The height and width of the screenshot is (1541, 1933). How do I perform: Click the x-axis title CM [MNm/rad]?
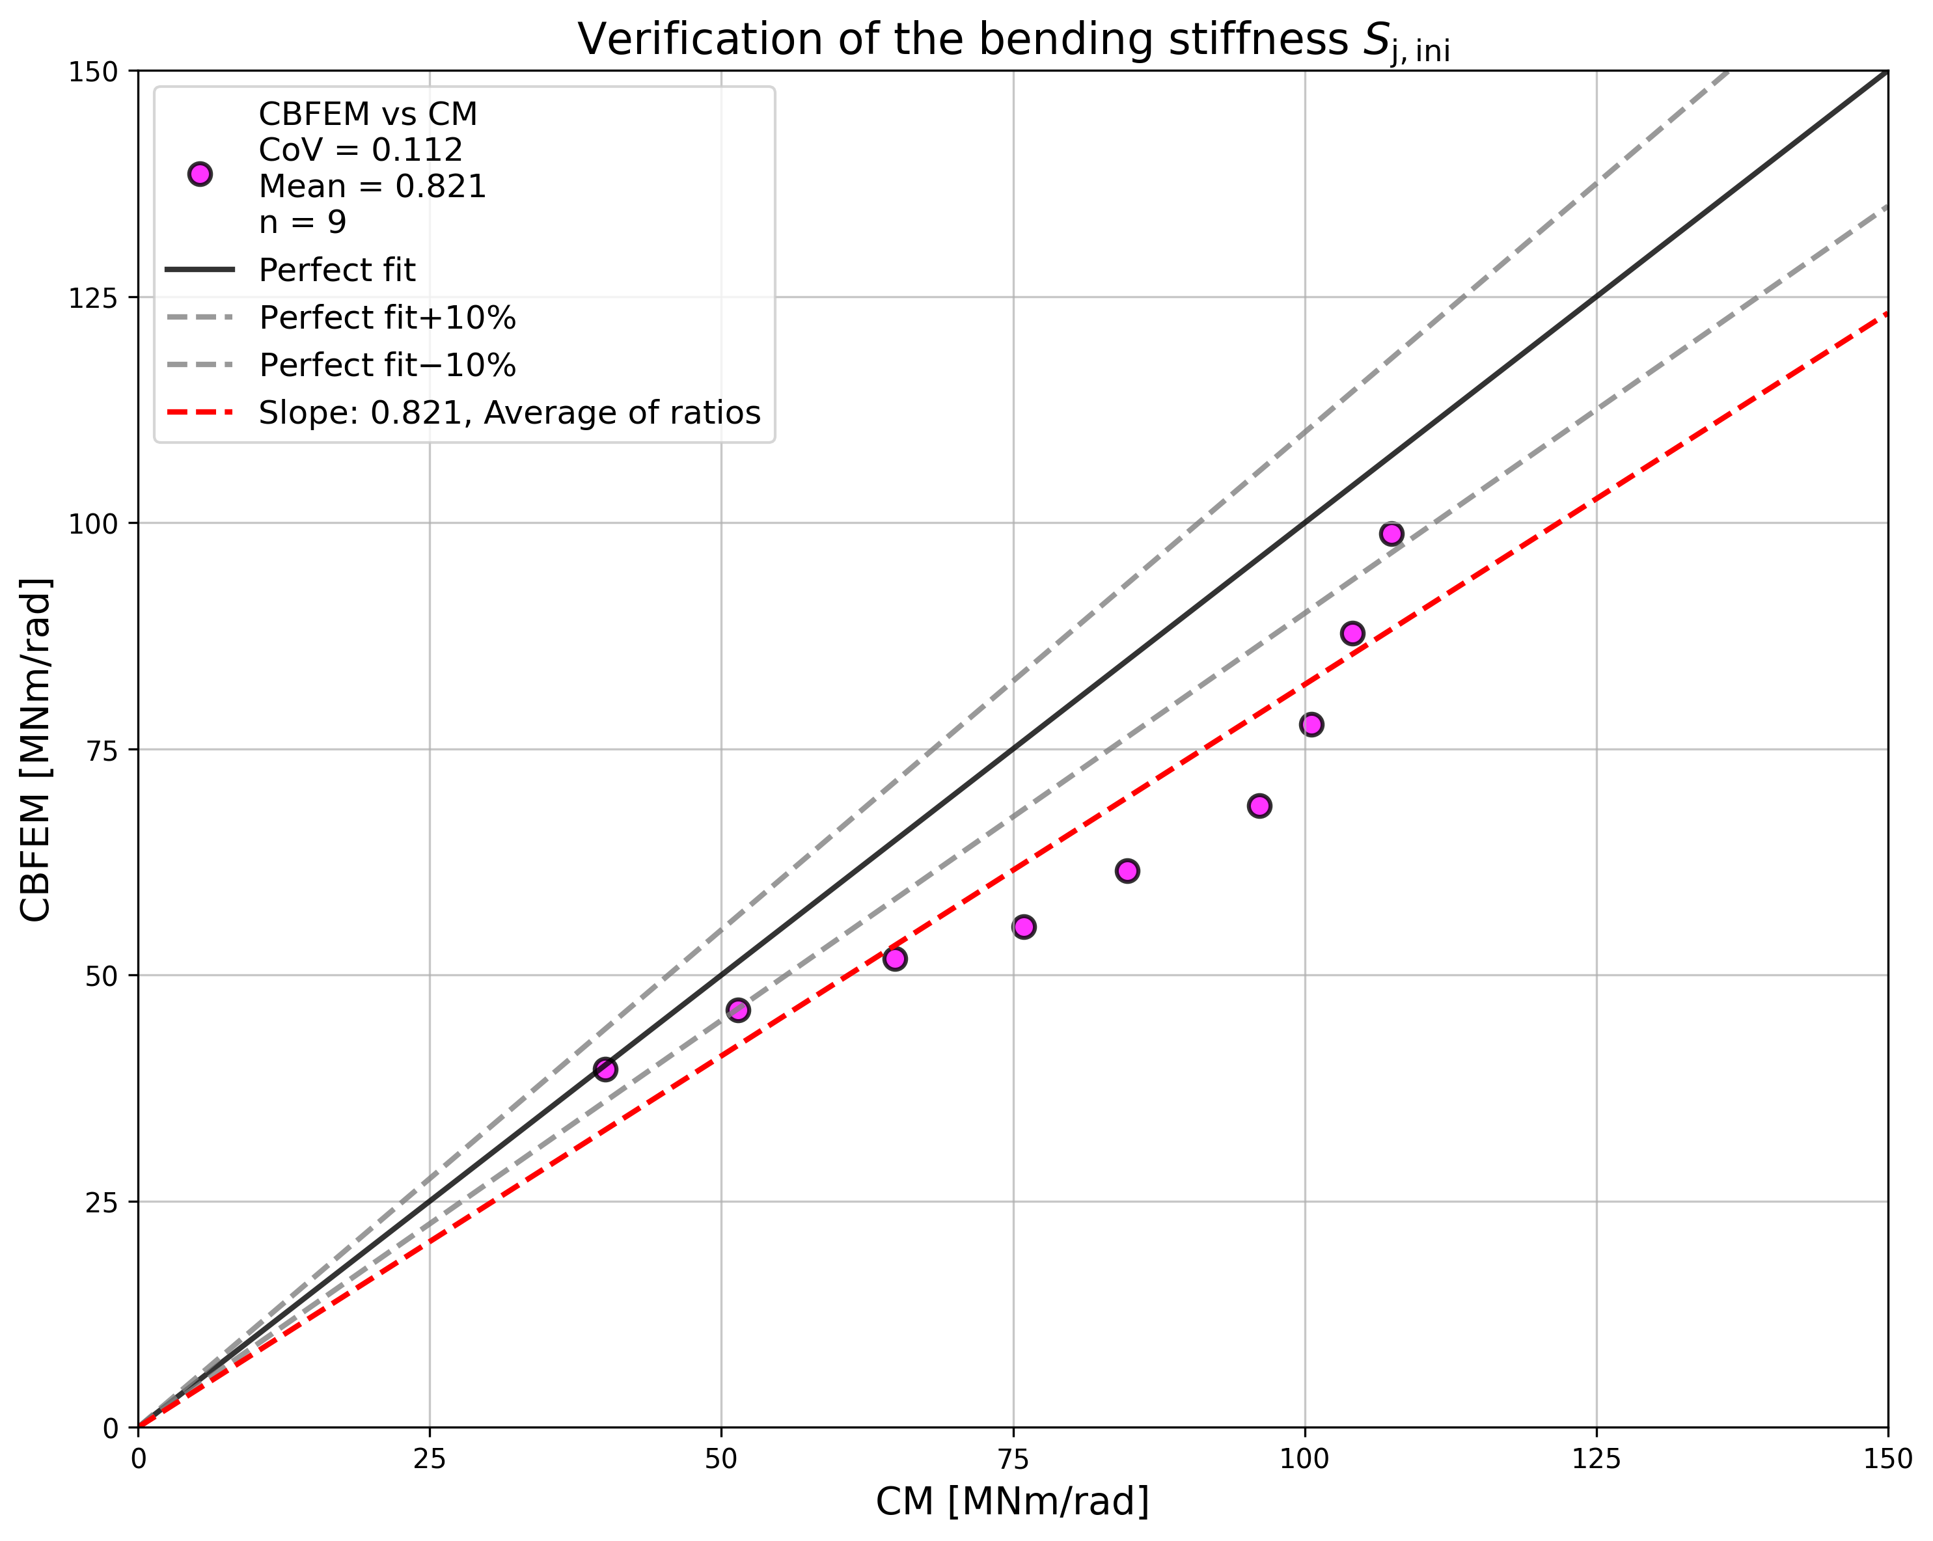pos(1012,1501)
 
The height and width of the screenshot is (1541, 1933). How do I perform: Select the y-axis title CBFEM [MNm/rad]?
pos(36,748)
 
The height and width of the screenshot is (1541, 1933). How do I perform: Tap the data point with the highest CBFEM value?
pos(1391,534)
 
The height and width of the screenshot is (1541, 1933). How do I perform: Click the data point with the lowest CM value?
pos(605,1069)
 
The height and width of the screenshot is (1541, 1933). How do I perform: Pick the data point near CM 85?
pos(1127,871)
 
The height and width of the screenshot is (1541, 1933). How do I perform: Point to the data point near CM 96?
pos(1259,806)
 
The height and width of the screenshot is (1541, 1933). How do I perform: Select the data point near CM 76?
pos(1024,927)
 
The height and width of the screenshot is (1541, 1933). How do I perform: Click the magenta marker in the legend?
pos(200,174)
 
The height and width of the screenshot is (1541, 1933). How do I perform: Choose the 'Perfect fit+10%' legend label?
pos(387,318)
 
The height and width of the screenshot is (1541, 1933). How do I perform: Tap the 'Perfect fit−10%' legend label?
pos(387,365)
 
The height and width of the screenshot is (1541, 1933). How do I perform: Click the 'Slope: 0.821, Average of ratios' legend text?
pos(509,413)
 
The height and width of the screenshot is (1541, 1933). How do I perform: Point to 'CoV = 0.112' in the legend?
pos(361,150)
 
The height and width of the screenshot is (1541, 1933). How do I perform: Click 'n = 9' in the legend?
pos(302,221)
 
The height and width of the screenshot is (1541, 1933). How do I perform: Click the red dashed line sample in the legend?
pos(200,413)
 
